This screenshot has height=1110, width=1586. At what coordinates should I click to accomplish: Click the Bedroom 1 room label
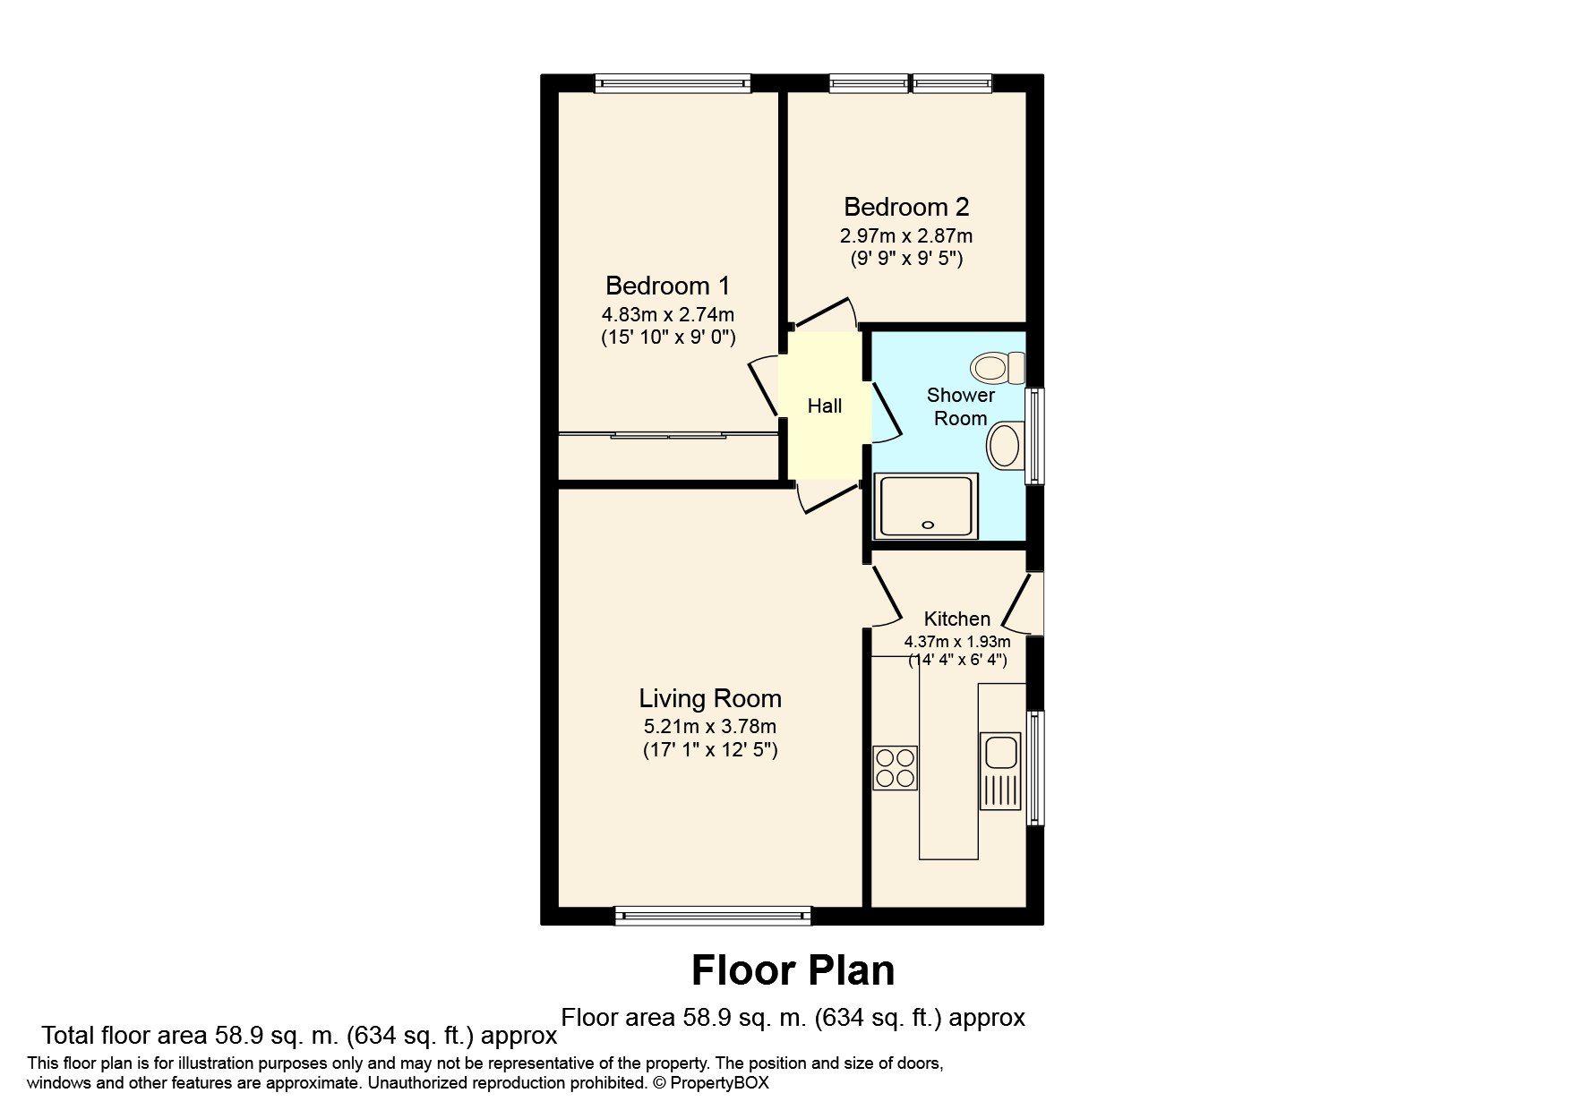[x=667, y=286]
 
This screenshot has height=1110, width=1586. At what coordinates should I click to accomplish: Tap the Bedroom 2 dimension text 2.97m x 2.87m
[x=905, y=236]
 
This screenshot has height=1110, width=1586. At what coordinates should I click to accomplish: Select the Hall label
[x=824, y=406]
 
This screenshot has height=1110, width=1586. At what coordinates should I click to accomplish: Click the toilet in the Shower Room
[x=999, y=367]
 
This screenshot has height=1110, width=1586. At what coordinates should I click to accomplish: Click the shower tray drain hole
[x=928, y=525]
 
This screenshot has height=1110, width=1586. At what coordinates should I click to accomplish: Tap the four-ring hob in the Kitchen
[x=895, y=768]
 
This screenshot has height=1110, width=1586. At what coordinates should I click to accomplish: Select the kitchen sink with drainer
[x=1000, y=770]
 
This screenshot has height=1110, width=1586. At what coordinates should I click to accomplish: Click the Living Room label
[x=709, y=698]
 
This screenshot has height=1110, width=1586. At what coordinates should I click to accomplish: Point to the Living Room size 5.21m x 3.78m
[x=709, y=727]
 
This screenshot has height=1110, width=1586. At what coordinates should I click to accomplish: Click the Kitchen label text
[x=956, y=619]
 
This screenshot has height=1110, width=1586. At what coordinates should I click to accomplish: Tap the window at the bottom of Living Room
[x=713, y=915]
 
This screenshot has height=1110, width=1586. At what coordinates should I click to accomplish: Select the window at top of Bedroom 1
[x=673, y=83]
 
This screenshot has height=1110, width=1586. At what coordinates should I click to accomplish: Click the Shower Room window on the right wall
[x=1034, y=436]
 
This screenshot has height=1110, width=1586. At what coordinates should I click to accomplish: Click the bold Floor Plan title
[x=793, y=970]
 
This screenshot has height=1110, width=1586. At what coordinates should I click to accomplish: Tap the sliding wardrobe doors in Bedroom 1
[x=668, y=436]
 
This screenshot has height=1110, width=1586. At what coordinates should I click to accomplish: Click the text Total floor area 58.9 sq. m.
[x=190, y=1037]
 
